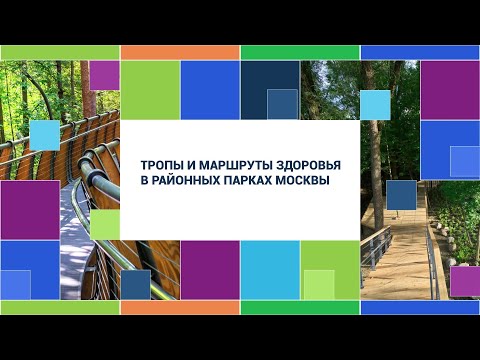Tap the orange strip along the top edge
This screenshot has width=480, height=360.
tap(180, 52)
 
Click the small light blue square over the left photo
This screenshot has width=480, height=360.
tap(44, 135)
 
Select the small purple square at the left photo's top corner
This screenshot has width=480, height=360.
tap(104, 75)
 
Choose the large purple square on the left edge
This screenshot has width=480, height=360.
tap(29, 209)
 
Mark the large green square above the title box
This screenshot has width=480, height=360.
tap(150, 90)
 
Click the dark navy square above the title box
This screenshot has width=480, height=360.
tap(269, 90)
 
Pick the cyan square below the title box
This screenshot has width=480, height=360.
tap(270, 270)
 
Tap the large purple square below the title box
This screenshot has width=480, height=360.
tap(210, 270)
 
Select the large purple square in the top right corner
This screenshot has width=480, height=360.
tap(449, 90)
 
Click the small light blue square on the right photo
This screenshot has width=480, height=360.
tap(374, 105)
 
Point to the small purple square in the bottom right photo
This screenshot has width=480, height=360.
tap(464, 281)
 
